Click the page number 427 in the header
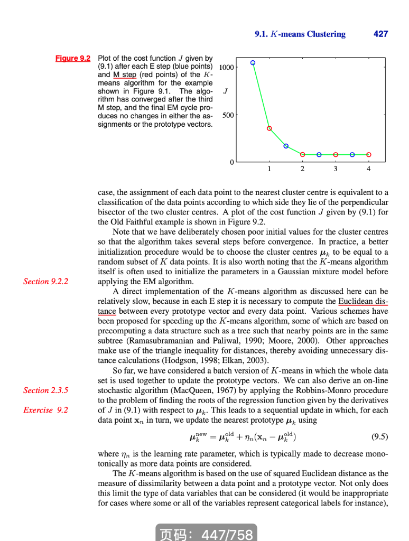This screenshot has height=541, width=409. click(380, 34)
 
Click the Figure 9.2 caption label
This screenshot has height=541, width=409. click(73, 58)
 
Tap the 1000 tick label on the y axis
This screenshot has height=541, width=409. click(226, 68)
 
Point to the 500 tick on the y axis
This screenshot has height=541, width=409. click(228, 115)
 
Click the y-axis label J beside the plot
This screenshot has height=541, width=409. click(226, 91)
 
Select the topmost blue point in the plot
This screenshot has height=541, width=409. click(253, 63)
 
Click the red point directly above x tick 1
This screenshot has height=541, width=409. click(269, 128)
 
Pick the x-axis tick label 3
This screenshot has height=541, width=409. click(335, 169)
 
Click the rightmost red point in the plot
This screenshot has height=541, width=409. click(369, 154)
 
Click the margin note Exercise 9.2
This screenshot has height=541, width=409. click(45, 409)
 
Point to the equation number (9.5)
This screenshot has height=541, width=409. click(379, 437)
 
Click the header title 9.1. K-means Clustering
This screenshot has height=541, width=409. click(300, 34)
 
